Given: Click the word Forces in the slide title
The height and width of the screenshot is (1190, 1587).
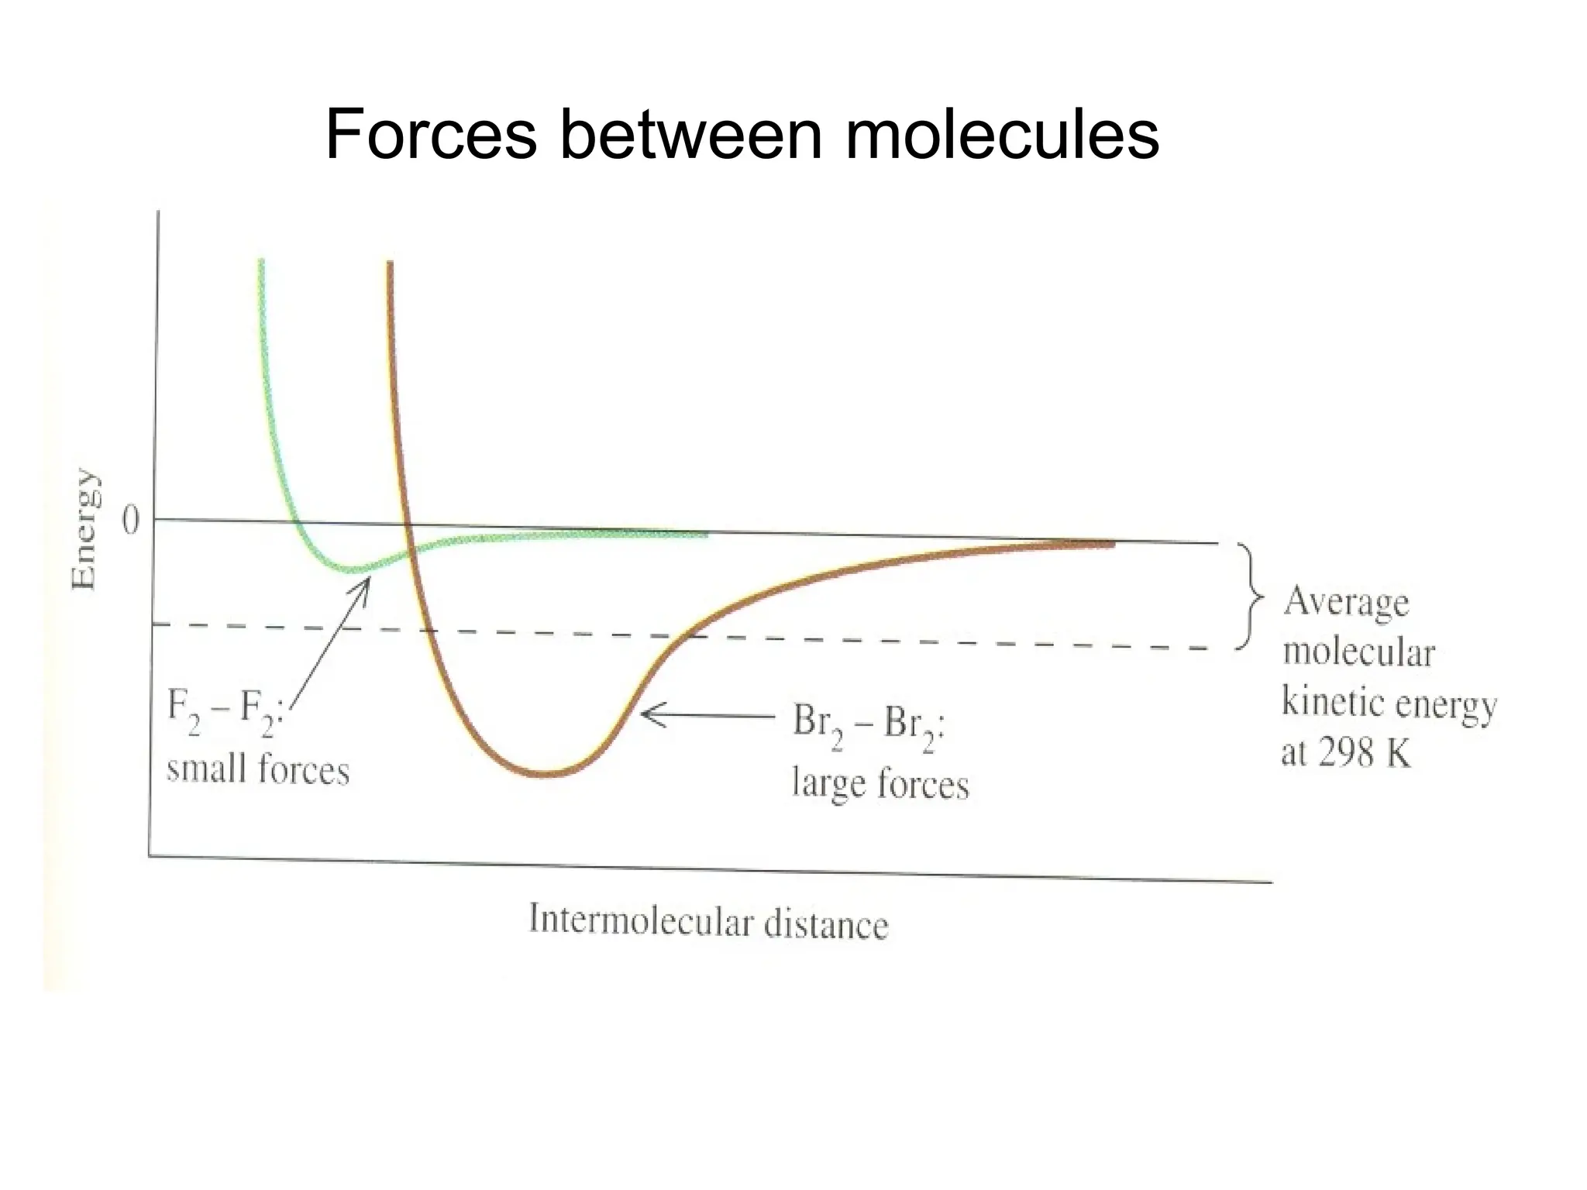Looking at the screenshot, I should point(431,135).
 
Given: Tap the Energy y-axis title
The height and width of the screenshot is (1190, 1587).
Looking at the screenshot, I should point(84,528).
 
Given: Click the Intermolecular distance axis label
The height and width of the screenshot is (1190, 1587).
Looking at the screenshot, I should point(707,923).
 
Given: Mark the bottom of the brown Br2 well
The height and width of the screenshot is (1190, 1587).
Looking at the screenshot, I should point(546,773).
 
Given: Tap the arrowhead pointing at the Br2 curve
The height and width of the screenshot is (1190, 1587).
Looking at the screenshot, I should point(649,714).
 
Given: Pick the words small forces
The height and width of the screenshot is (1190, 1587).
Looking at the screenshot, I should point(258,770).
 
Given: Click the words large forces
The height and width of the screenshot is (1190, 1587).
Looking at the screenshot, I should point(880,783).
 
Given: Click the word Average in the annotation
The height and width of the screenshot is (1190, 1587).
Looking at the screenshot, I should point(1346,603).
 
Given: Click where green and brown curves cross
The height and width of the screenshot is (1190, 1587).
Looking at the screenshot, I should point(412,552).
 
